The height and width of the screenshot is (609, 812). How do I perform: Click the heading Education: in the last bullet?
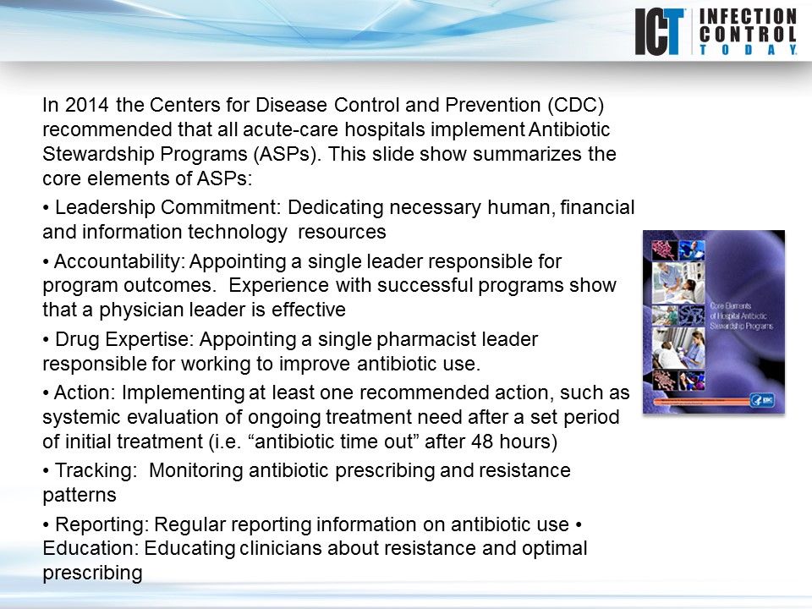click(x=90, y=548)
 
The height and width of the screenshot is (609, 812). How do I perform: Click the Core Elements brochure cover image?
click(x=713, y=322)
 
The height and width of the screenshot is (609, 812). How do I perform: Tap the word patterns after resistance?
click(x=79, y=494)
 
